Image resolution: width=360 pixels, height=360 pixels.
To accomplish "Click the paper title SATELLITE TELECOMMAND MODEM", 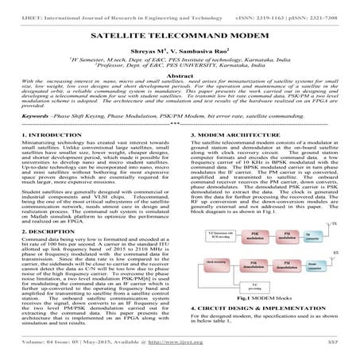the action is point(180,36).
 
